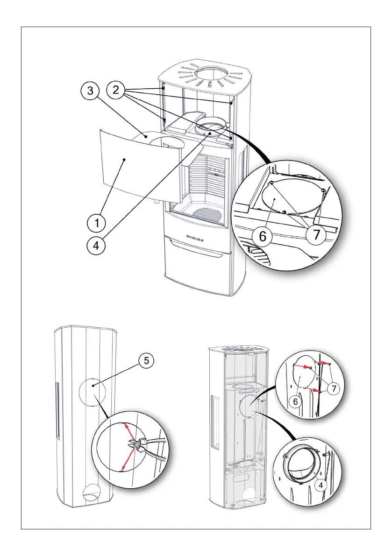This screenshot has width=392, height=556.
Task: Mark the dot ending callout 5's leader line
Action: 93,386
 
